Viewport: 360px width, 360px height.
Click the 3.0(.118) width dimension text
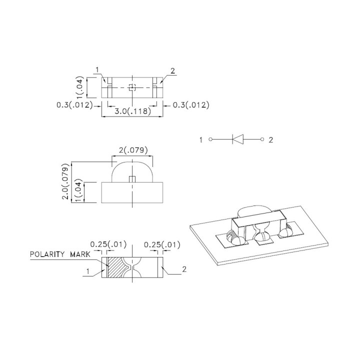[x=132, y=112]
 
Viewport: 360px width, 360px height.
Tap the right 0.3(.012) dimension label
[x=191, y=104]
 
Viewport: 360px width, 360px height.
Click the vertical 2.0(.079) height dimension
[x=65, y=181]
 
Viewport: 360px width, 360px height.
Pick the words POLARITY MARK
[x=60, y=254]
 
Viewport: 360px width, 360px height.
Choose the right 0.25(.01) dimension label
[x=161, y=244]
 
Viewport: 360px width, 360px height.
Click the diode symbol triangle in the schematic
[x=238, y=140]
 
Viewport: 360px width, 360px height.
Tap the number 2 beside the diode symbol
[x=271, y=140]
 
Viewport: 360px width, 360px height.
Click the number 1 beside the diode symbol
[x=201, y=140]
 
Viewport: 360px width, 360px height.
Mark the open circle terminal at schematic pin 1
[x=210, y=140]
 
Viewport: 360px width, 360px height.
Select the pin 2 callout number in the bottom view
[x=184, y=269]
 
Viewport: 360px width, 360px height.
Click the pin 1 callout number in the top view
[x=98, y=69]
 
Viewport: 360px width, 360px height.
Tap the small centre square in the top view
[x=132, y=87]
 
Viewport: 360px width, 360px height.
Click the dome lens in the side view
[x=132, y=170]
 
